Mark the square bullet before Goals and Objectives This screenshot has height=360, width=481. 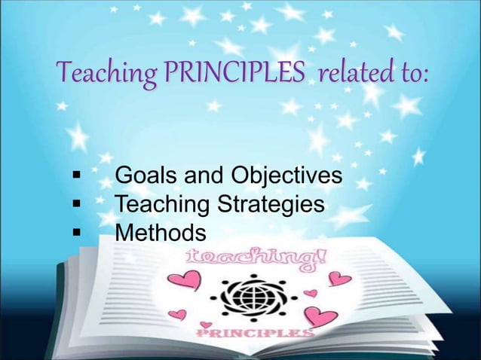point(75,178)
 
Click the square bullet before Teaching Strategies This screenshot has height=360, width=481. point(75,204)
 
